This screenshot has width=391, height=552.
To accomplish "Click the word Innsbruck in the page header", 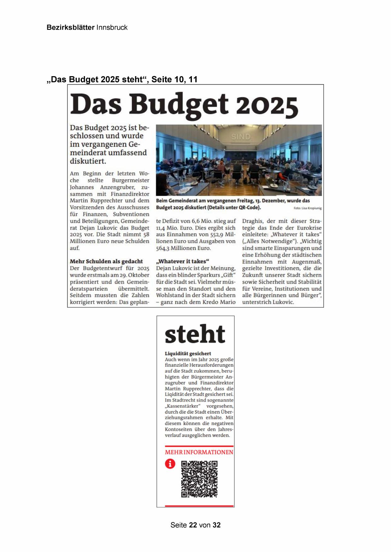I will [112, 27].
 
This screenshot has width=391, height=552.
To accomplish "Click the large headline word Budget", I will [178, 104].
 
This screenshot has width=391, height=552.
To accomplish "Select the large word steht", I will [195, 334].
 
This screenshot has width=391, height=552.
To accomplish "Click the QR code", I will [199, 479].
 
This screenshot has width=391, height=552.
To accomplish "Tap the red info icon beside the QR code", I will [170, 464].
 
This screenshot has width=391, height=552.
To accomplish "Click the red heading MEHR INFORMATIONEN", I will [199, 452].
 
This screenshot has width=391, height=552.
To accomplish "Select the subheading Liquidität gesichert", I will [188, 353].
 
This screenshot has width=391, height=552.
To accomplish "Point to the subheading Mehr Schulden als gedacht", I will [106, 261].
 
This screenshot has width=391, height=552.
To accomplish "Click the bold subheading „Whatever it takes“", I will [183, 261].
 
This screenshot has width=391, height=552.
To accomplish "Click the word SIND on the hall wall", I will [241, 137].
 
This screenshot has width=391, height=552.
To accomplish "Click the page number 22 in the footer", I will [193, 525].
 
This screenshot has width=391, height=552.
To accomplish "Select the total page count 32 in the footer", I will [216, 525].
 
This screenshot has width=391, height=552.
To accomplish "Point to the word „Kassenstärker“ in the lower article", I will [183, 406].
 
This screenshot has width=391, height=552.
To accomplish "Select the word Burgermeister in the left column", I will [130, 180].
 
